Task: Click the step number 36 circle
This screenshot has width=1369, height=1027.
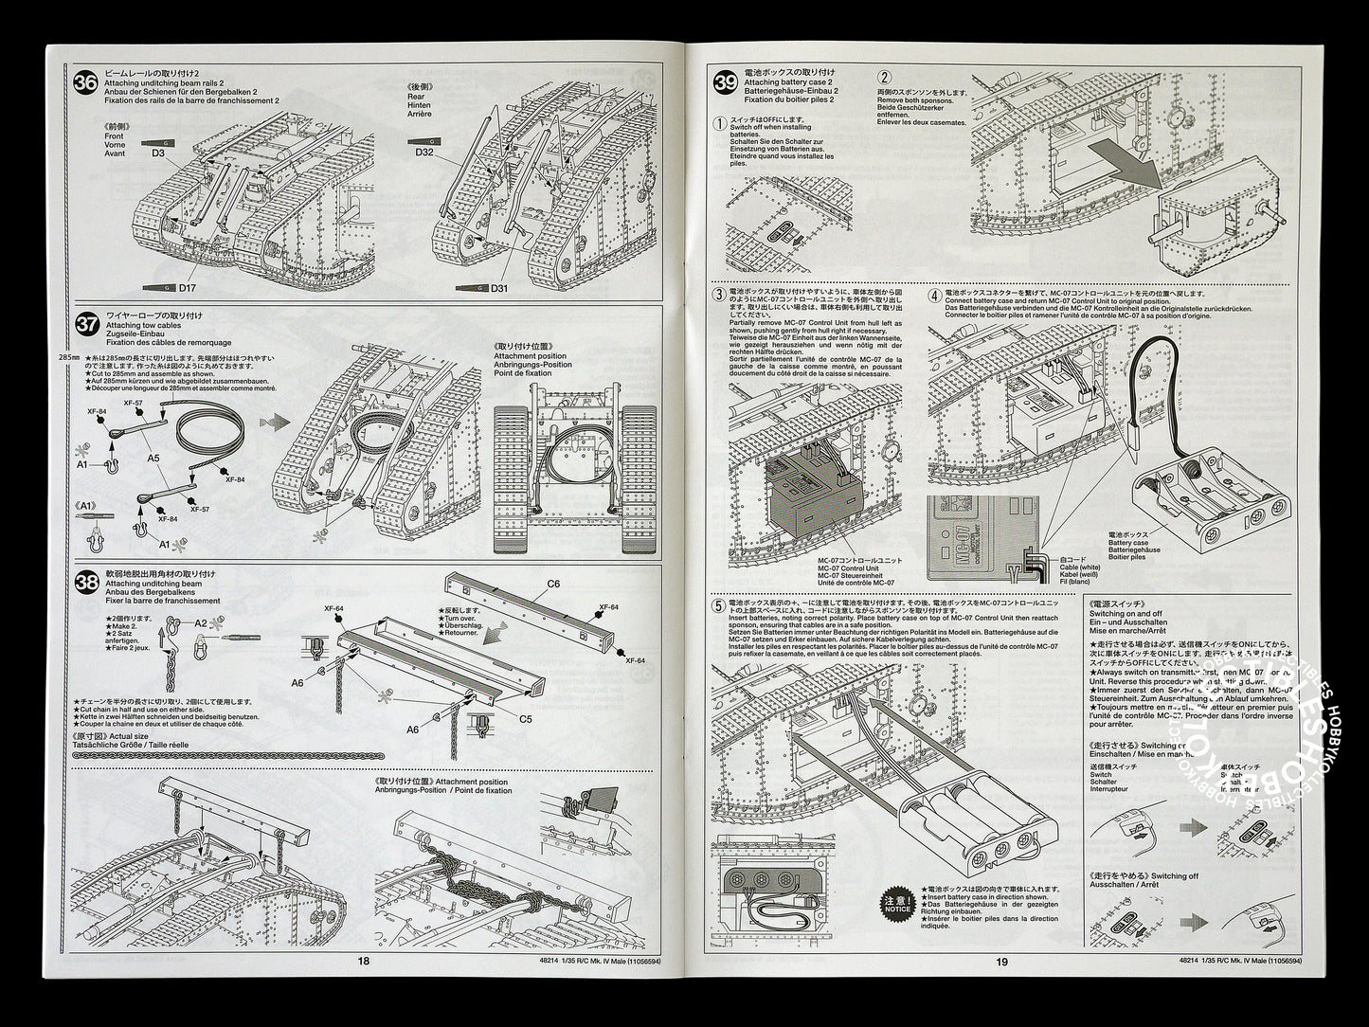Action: pos(85,82)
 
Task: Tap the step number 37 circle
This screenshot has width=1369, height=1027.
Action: pos(85,324)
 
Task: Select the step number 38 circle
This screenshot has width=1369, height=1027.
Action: pos(85,583)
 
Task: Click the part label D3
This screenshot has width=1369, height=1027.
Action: pos(157,153)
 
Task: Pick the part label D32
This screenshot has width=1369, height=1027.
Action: pos(423,153)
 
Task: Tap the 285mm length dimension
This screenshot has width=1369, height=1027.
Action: pos(69,358)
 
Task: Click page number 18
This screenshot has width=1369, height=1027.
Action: pos(364,987)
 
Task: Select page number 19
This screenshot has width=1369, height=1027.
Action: pos(1002,987)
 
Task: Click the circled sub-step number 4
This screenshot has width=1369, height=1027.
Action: pos(936,296)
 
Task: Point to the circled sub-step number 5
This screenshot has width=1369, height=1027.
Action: pos(724,604)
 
